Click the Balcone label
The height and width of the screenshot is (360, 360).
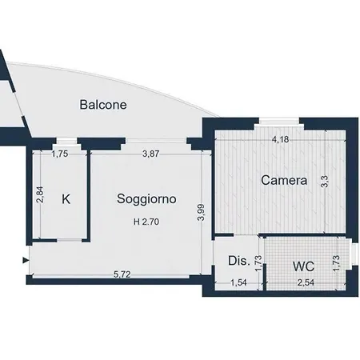click(x=103, y=104)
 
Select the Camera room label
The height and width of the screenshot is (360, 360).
click(x=284, y=181)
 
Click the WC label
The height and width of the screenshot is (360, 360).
click(x=303, y=264)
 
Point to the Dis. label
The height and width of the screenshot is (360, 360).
click(x=238, y=261)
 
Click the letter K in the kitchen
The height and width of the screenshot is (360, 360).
click(x=67, y=199)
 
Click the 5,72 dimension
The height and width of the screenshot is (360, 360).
click(x=122, y=274)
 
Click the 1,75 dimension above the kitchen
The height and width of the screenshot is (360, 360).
click(x=60, y=154)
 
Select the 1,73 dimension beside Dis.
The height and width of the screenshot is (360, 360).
click(x=258, y=262)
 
